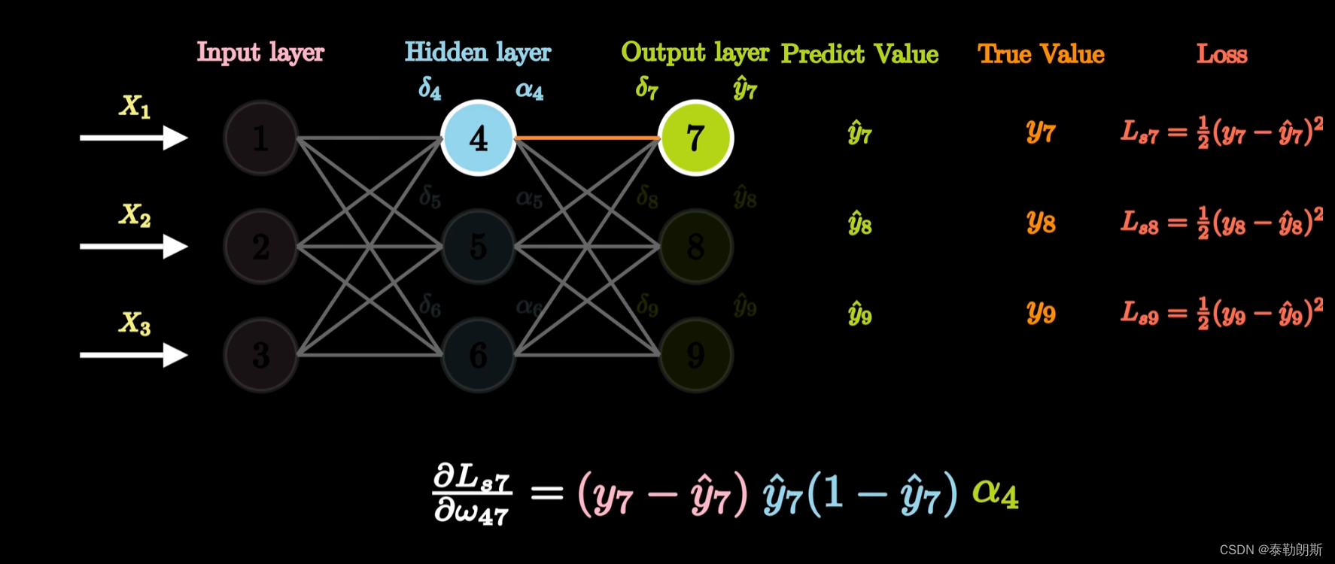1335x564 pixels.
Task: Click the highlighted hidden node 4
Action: (478, 138)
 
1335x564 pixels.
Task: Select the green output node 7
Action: (695, 138)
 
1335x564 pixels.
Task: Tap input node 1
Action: (260, 138)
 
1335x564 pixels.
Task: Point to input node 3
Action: (260, 355)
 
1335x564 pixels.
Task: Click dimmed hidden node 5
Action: (478, 247)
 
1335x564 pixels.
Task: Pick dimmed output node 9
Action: (695, 355)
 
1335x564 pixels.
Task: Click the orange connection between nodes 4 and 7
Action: (587, 138)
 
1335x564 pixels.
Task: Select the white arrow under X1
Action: (133, 138)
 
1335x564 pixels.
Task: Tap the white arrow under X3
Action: (133, 355)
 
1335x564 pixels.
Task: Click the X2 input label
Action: (135, 215)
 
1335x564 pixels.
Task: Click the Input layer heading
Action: (260, 53)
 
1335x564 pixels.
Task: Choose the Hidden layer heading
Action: (478, 53)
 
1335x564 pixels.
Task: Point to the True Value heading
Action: (1041, 54)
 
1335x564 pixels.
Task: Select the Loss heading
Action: (1221, 54)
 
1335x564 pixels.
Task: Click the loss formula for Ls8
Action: (1221, 223)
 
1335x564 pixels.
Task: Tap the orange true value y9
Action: (1041, 312)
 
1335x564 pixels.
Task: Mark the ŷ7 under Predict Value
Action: (859, 134)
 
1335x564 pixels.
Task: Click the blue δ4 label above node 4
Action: (430, 89)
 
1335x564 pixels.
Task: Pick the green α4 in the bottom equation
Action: (995, 494)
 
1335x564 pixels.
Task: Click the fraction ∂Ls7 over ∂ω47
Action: (472, 494)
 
